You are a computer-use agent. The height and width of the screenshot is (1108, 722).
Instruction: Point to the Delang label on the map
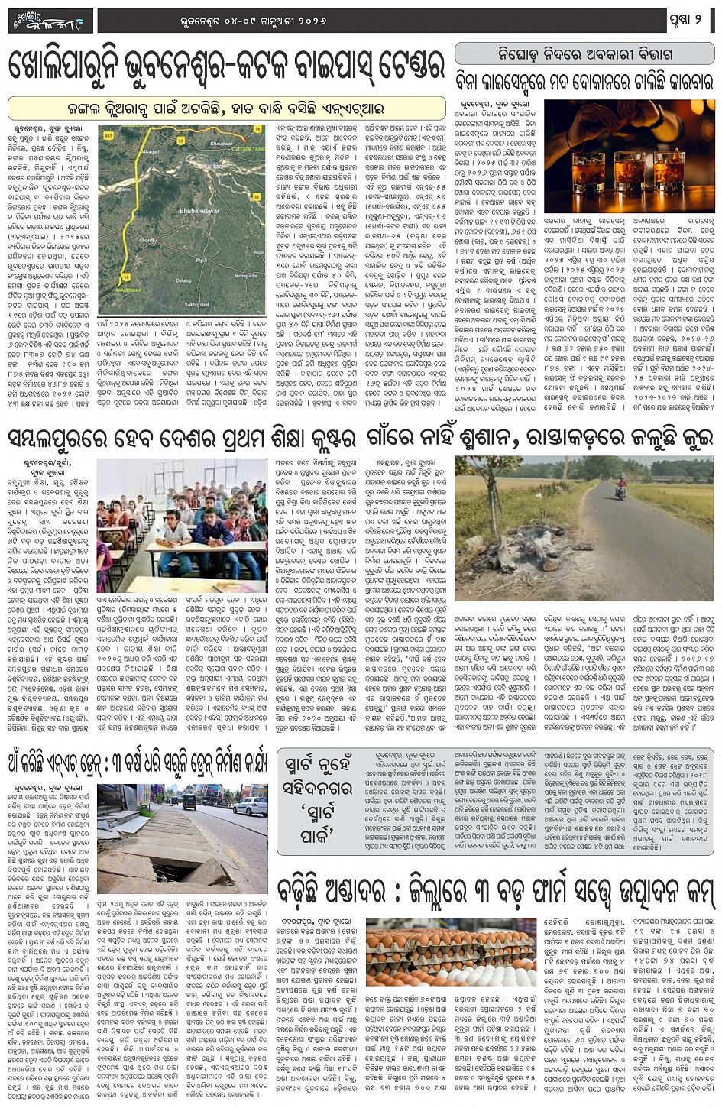(184, 280)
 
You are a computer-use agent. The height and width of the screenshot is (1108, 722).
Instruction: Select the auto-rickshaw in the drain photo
(189, 802)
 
